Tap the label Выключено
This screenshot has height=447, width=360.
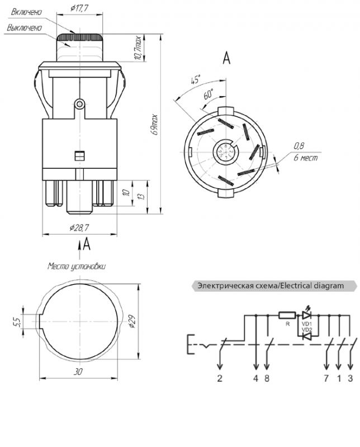pos(25,27)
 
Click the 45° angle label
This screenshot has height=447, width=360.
pos(196,79)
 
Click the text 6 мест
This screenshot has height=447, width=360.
pos(306,158)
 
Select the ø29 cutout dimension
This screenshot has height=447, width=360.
pos(132,322)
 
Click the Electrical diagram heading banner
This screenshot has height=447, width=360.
pos(273,286)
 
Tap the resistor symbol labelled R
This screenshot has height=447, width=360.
pos(286,315)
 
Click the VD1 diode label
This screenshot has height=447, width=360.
pos(306,324)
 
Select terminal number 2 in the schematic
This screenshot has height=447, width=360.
pos(220,379)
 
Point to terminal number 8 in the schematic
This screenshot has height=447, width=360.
pos(267,379)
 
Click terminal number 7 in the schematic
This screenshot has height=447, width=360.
pos(326,379)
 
